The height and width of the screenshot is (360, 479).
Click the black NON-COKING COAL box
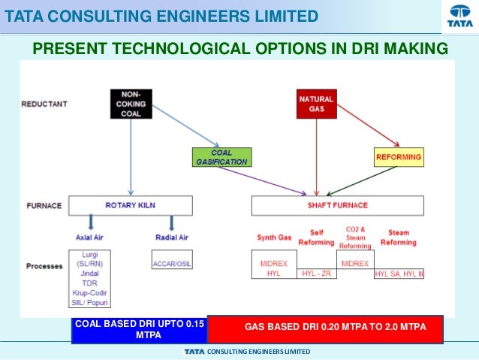pyautogui.click(x=131, y=103)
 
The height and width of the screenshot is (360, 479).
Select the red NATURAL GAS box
pyautogui.click(x=316, y=104)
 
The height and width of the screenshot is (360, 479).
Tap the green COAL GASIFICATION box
pyautogui.click(x=219, y=156)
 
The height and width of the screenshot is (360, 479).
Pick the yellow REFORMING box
pyautogui.click(x=398, y=157)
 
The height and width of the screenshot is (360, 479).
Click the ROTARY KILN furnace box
pyautogui.click(x=131, y=204)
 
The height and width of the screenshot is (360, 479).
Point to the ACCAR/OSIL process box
pyautogui.click(x=172, y=264)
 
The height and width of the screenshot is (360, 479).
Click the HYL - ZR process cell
pyautogui.click(x=317, y=274)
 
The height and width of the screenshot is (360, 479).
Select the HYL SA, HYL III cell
pyautogui.click(x=399, y=274)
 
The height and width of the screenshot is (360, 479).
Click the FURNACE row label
pyautogui.click(x=41, y=204)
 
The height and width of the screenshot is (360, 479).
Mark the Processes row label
pyautogui.click(x=44, y=266)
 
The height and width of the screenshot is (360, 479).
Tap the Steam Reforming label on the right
pyautogui.click(x=399, y=237)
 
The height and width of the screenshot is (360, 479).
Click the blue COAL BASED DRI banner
pyautogui.click(x=139, y=329)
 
